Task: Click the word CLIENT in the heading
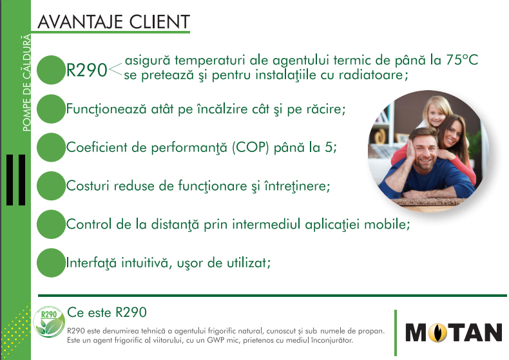[x=159, y=22]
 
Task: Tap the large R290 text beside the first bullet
[x=86, y=70]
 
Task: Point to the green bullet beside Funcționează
[x=51, y=109]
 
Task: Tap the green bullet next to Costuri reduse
[x=51, y=186]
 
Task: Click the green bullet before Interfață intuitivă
[x=51, y=263]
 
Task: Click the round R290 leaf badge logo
[x=49, y=323]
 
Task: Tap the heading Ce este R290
[x=107, y=312]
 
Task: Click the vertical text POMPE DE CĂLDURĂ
[x=26, y=82]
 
